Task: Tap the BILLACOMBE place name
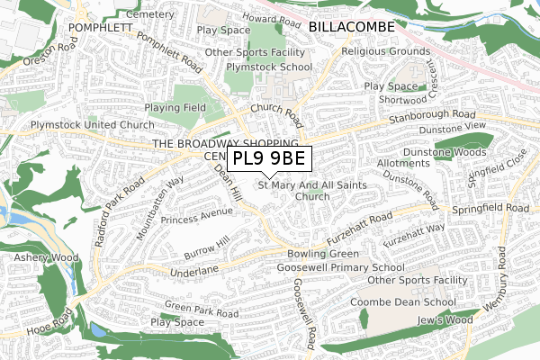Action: tap(351, 28)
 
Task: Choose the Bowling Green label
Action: tap(322, 255)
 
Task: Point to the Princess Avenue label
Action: tap(193, 216)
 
